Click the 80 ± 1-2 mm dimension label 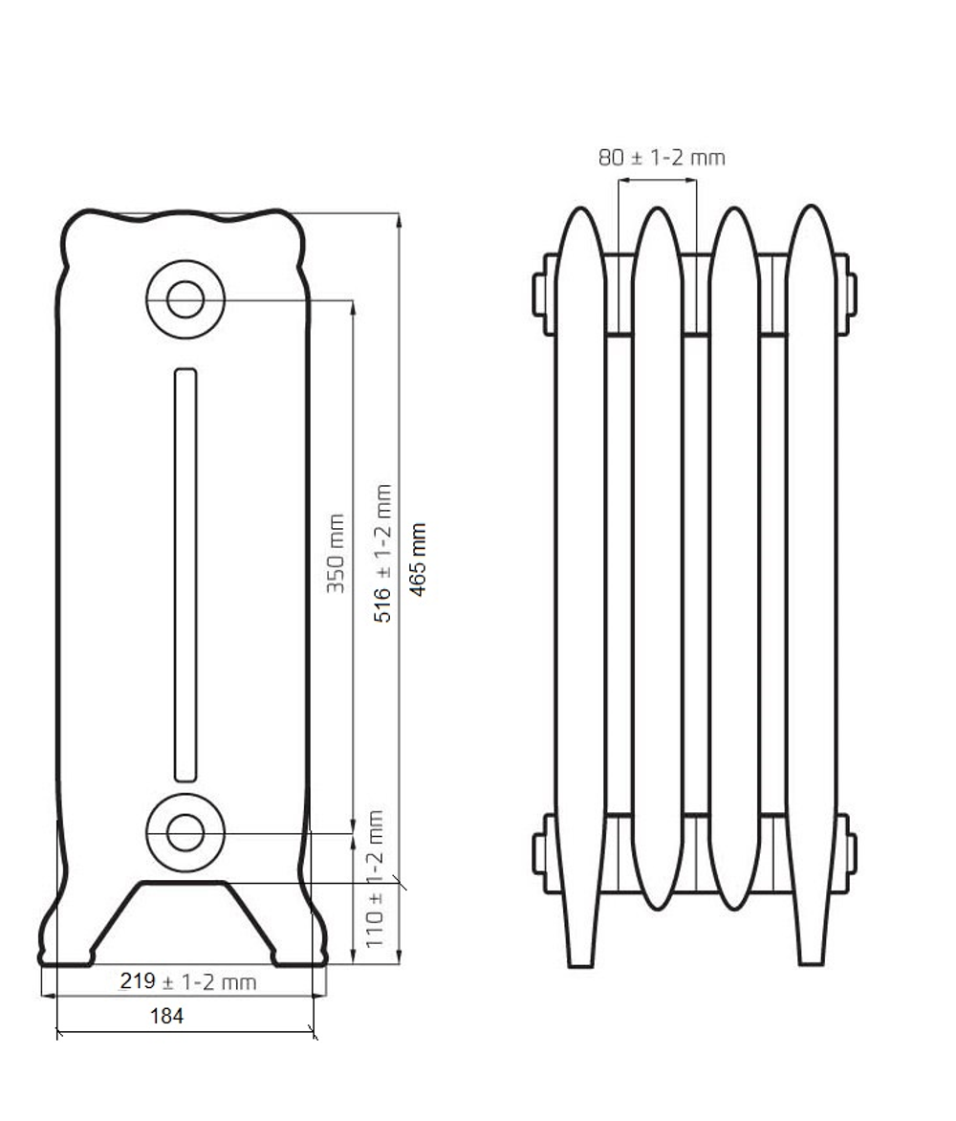(x=662, y=157)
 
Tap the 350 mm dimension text (x=336, y=553)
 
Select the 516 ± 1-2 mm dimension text (x=382, y=554)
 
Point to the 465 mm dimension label (x=418, y=560)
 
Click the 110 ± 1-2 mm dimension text (x=375, y=879)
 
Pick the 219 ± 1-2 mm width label (x=188, y=981)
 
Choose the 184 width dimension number (x=166, y=1016)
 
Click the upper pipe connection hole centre (x=185, y=298)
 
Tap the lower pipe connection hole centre (x=185, y=832)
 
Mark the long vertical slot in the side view (x=185, y=575)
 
